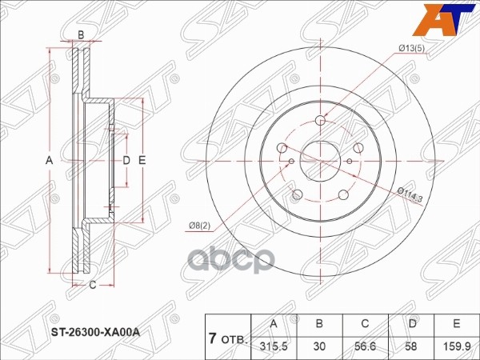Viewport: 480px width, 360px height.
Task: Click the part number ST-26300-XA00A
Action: pyautogui.click(x=95, y=332)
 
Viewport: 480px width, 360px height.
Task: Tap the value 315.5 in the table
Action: pyautogui.click(x=274, y=346)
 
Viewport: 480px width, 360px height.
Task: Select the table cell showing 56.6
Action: pyautogui.click(x=365, y=346)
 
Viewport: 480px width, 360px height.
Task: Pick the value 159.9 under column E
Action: pyautogui.click(x=457, y=346)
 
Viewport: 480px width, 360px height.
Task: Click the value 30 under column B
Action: pyautogui.click(x=319, y=346)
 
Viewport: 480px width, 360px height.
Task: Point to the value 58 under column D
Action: pyautogui.click(x=411, y=346)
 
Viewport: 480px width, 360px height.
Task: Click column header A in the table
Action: pyautogui.click(x=274, y=323)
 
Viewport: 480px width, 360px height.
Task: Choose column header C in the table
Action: pyautogui.click(x=365, y=323)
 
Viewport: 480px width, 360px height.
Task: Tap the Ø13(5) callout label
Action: pyautogui.click(x=412, y=49)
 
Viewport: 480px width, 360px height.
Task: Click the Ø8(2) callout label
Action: pyautogui.click(x=199, y=226)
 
